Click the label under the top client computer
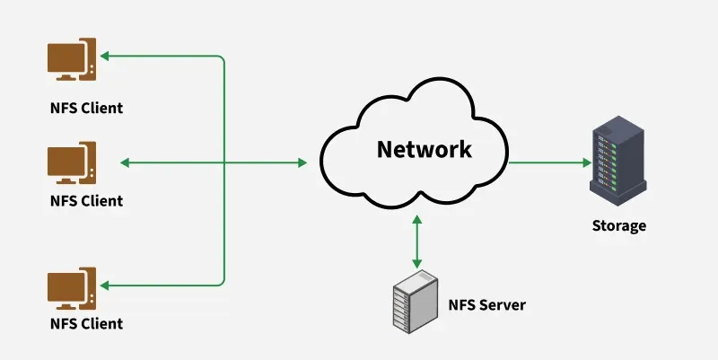pos(86,109)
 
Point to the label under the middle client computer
pos(86,200)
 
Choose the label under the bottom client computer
pos(86,323)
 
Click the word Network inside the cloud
pos(424,149)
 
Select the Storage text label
pos(618,225)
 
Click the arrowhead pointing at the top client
pos(105,57)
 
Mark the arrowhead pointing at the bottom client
pos(105,285)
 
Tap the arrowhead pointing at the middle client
pos(124,163)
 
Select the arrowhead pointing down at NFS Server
pos(416,262)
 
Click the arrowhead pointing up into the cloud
pos(416,219)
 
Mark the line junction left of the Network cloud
pos(223,163)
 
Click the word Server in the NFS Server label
pos(501,305)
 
